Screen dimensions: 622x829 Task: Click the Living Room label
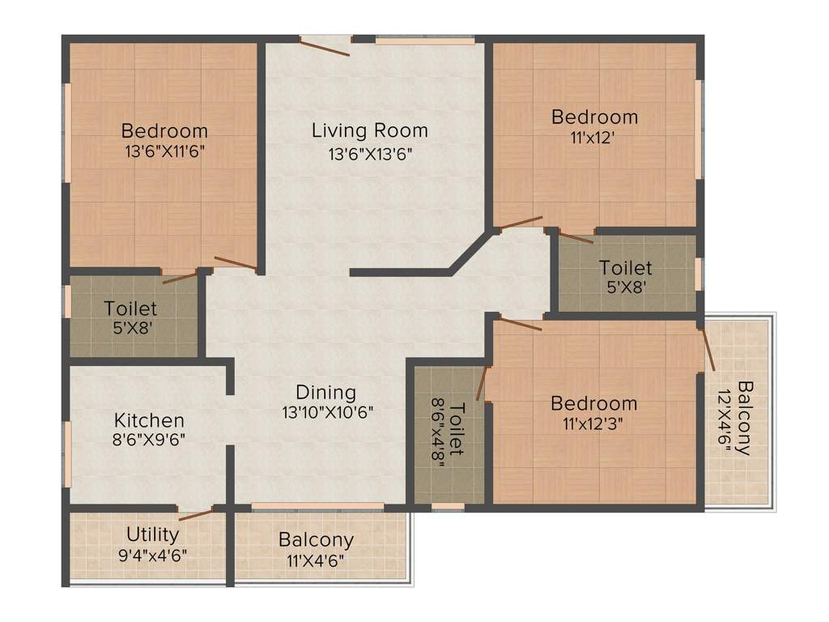(369, 130)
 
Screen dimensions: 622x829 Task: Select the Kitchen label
(149, 420)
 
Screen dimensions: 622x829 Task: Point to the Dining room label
(325, 393)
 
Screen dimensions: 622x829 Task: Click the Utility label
(152, 535)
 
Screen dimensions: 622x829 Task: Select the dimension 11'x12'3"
(593, 423)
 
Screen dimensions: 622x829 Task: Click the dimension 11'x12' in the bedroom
(593, 137)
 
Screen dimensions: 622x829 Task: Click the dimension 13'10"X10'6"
(325, 412)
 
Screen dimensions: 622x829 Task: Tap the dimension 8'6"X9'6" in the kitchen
(149, 440)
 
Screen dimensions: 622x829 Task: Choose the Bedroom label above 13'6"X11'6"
(164, 130)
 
